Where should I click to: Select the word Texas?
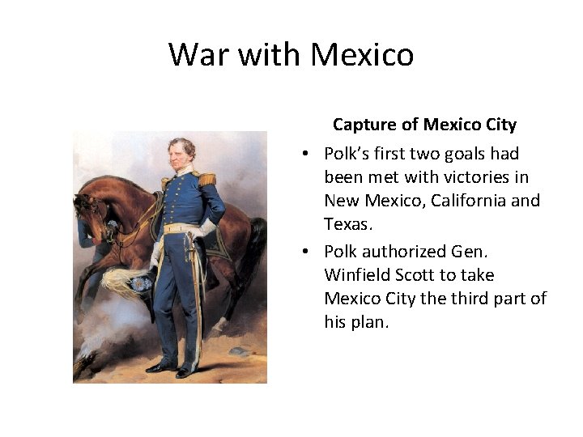346,223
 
